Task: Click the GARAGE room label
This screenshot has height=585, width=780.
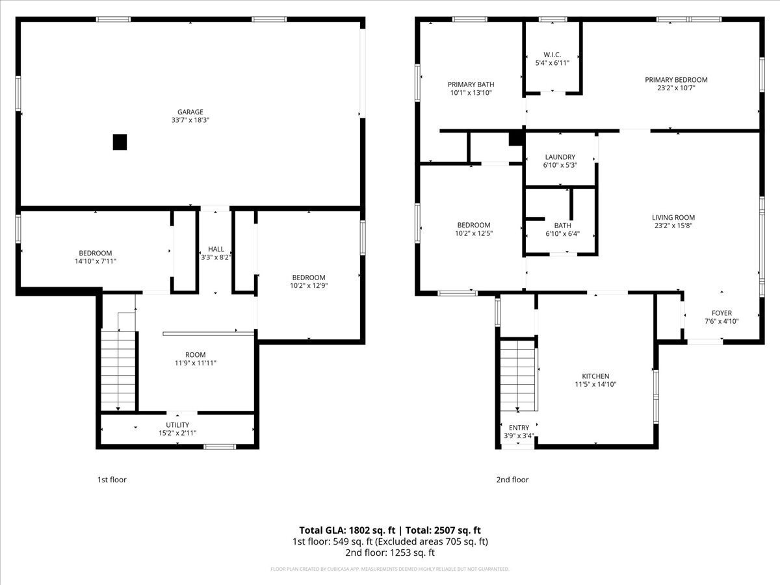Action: (190, 112)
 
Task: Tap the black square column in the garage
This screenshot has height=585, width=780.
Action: (120, 142)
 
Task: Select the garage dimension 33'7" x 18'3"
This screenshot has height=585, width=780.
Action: (190, 120)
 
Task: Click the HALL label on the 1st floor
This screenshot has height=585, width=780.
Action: (216, 249)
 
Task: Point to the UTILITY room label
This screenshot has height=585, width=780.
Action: (177, 424)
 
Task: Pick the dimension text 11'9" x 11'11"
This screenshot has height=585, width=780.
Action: (195, 363)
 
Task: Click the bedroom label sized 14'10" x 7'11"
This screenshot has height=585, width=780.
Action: (96, 253)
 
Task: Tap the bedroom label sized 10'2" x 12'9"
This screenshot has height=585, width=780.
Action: (308, 278)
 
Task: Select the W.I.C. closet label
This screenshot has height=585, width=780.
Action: (552, 55)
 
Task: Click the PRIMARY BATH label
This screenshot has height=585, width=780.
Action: (471, 84)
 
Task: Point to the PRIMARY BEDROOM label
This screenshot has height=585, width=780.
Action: (676, 80)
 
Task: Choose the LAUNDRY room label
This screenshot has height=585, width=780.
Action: (560, 157)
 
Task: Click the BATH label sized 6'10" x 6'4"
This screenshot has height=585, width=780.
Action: (562, 226)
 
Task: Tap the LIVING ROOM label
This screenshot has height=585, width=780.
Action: (673, 218)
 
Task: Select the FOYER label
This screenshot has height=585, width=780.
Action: (721, 313)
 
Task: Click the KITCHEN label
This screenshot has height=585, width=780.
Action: (595, 376)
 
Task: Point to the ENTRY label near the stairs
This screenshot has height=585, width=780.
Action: (519, 428)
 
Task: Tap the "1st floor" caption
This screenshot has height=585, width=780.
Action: (112, 480)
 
